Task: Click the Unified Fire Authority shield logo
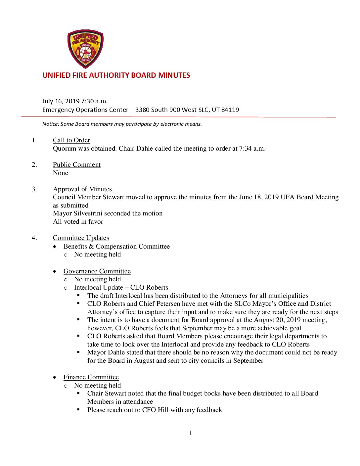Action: [x=85, y=49]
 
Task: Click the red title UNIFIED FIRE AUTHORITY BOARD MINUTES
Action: [x=116, y=75]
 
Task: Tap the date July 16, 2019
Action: [x=61, y=101]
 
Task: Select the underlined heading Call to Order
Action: [x=71, y=140]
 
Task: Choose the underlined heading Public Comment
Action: [x=77, y=165]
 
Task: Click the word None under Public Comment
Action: [x=61, y=173]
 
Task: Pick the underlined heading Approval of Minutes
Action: [x=82, y=189]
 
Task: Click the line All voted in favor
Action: [x=78, y=222]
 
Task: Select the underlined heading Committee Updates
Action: [x=81, y=238]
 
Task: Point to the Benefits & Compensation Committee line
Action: [x=116, y=247]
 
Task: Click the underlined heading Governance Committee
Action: [x=97, y=271]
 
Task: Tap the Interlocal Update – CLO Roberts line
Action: [x=121, y=288]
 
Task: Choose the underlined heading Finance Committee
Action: [x=91, y=377]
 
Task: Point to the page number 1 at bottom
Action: [x=191, y=433]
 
